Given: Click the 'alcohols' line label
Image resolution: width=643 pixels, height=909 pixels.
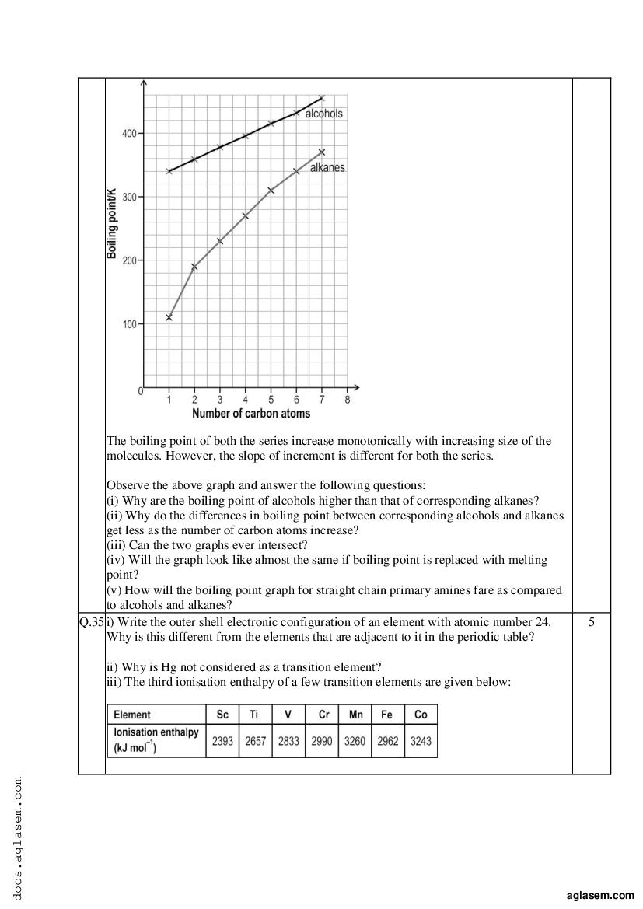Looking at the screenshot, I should pos(323,114).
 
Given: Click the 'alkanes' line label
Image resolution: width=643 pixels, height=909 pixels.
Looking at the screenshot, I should pos(327,167).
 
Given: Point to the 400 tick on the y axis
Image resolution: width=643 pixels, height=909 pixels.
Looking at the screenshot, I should pos(129,134).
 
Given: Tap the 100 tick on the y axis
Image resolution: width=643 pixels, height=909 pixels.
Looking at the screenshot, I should pos(129,323).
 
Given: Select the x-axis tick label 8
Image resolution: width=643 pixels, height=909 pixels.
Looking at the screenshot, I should pos(348,400).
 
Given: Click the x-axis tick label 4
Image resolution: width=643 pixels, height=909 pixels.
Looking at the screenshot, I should pos(246,400).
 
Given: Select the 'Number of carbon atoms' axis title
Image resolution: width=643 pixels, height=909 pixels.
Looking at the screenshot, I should pos(251,414).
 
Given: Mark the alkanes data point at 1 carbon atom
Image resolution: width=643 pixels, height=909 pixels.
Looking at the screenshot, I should pos(169,317).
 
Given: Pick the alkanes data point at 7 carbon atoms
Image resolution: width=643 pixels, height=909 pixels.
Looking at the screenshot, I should pos(322,152).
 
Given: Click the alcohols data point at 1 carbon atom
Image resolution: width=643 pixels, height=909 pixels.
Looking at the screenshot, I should pos(169,171).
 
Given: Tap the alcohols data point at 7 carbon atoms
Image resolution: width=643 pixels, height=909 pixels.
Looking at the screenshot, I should pos(322,98).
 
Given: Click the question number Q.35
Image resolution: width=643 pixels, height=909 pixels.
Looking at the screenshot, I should pos(91,622).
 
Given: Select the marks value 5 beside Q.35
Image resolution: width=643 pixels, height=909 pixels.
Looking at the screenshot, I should pos(592,622).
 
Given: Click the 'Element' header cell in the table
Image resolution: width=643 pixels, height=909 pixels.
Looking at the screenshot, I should pos(132,715).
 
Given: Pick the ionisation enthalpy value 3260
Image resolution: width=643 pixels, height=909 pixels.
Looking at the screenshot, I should pos(355,741).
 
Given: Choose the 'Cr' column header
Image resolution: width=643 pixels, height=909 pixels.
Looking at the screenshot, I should pos(323,715).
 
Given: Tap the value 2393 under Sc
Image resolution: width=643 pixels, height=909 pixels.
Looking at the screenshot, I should pos(222,741).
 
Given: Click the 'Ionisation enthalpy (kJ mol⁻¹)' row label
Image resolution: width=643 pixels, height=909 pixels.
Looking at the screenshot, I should pos(156,740).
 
